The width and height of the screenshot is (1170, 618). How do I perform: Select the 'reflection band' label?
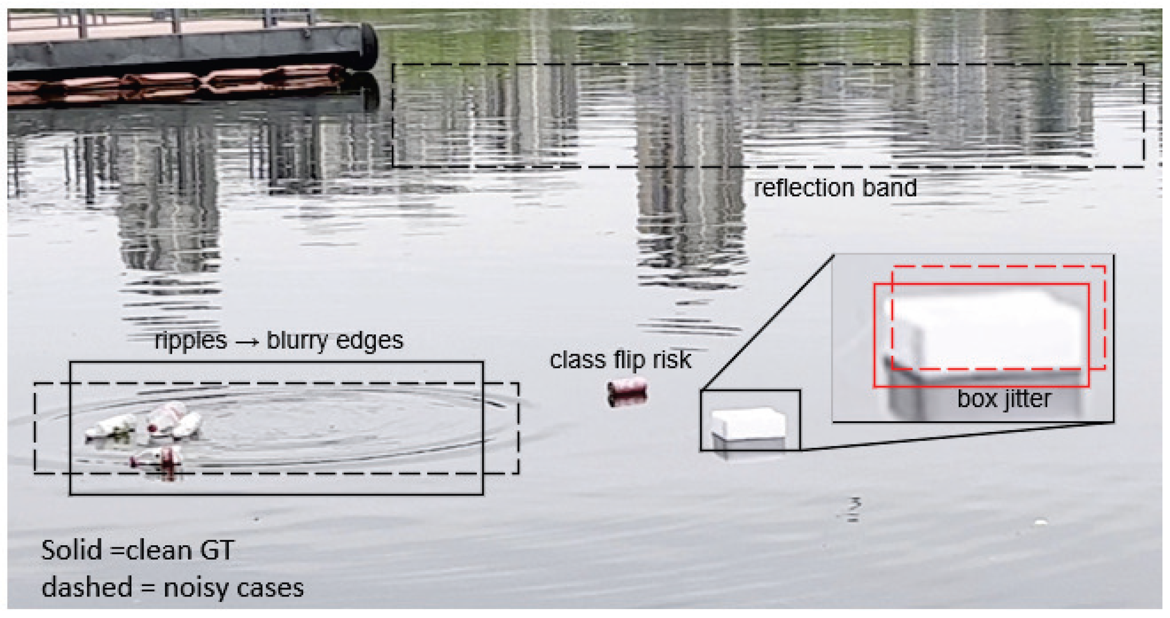[x=834, y=188]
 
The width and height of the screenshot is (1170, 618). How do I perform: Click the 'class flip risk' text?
[x=620, y=360]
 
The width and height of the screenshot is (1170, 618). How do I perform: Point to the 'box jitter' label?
[x=1004, y=399]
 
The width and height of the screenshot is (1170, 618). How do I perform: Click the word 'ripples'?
[x=190, y=340]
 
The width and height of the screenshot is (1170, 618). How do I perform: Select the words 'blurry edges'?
[x=335, y=340]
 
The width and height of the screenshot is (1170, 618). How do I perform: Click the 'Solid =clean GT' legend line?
[x=138, y=550]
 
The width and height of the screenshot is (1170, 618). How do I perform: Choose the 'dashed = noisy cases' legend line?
[x=172, y=587]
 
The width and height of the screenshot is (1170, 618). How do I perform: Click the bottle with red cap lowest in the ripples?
[x=158, y=458]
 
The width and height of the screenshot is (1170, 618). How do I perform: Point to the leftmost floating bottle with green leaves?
[x=110, y=427]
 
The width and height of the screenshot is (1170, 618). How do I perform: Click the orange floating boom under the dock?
[x=176, y=83]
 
